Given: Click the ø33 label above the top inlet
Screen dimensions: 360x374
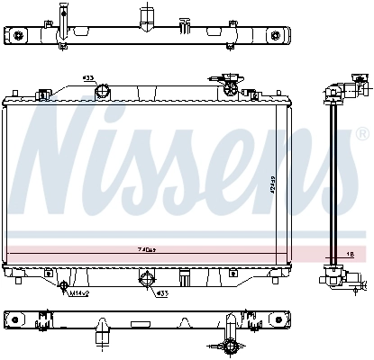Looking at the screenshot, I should [x=88, y=78].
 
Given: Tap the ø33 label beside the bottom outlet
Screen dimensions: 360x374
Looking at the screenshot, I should [x=163, y=292].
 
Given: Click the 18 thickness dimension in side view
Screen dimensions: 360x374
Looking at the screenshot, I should [x=350, y=255].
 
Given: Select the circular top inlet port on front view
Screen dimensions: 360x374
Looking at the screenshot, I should [x=104, y=90].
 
